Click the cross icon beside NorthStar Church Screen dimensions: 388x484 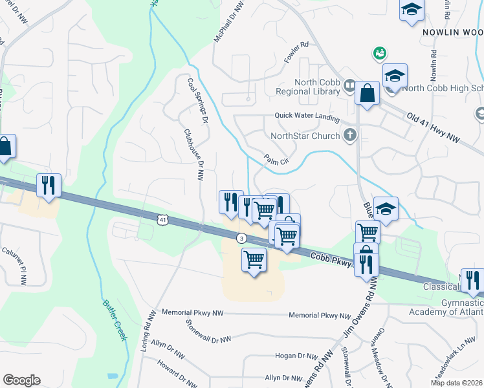pos(350,136)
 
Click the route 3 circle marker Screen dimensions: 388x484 pos(241,239)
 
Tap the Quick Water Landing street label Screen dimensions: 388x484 pos(307,116)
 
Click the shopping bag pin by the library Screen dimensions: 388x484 pos(368,93)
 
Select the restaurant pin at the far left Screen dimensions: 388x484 pos(49,186)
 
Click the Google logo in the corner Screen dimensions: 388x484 pos(21,380)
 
